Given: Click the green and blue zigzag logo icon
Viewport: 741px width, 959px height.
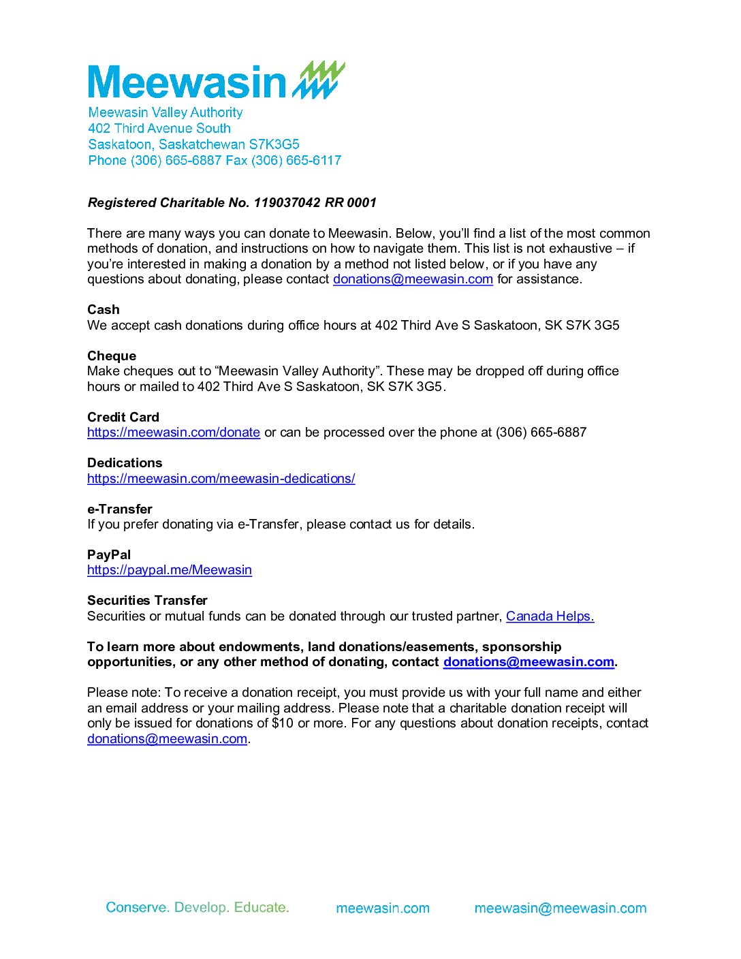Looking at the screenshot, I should (x=319, y=80).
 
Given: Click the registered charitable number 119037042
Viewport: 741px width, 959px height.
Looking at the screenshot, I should (x=285, y=203).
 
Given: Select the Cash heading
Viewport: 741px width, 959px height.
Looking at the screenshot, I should (x=103, y=310).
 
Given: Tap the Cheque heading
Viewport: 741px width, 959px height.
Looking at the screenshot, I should (x=112, y=356).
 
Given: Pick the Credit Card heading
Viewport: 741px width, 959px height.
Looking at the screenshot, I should (x=123, y=417).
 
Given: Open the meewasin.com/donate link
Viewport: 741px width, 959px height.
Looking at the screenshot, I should (x=174, y=433).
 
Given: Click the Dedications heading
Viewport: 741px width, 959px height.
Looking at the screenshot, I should (x=125, y=463).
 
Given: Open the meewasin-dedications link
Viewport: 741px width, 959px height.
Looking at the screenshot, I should (x=221, y=479).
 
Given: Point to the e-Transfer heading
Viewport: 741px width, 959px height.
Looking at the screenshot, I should (x=120, y=509).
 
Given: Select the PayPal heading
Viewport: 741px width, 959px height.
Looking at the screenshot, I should (x=109, y=554).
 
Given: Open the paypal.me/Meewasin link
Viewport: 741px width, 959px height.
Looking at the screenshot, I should (x=170, y=570).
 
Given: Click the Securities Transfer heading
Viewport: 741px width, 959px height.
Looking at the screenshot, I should (x=147, y=600).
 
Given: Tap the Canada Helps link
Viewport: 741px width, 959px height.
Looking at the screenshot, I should (x=550, y=616).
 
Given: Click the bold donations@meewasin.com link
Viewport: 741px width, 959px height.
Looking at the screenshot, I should (x=529, y=662).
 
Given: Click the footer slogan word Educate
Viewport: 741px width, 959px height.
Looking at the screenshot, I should (x=262, y=907).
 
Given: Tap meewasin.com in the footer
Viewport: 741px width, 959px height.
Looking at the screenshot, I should (x=383, y=908).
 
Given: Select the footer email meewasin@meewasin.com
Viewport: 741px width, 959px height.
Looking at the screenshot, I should (x=560, y=908).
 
